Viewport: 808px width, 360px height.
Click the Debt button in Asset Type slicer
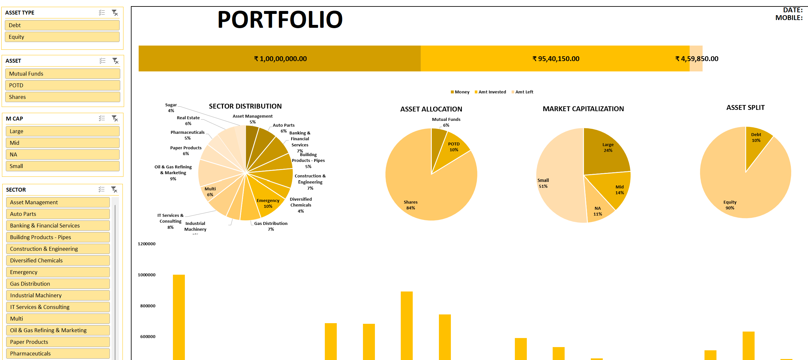[62, 25]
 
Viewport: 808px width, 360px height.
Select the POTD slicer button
[62, 85]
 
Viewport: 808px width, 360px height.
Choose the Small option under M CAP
[62, 166]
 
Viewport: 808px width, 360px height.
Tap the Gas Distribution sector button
[58, 284]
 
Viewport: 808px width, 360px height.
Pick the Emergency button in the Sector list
[58, 272]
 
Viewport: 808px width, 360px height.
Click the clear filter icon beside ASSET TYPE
[115, 13]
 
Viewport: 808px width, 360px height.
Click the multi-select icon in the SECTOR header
[102, 189]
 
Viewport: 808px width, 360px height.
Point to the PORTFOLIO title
[280, 20]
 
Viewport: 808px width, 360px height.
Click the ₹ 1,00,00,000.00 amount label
[280, 59]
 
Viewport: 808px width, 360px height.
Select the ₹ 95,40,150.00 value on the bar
[556, 59]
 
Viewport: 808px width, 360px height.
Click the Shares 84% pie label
[410, 205]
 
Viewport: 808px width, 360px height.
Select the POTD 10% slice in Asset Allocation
[454, 147]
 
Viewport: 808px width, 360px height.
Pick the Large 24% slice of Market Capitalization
[608, 148]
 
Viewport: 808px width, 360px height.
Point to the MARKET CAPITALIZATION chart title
[583, 109]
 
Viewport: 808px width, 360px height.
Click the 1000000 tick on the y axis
[147, 275]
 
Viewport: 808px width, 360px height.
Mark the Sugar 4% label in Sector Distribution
[171, 108]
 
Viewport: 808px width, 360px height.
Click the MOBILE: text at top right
[789, 18]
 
